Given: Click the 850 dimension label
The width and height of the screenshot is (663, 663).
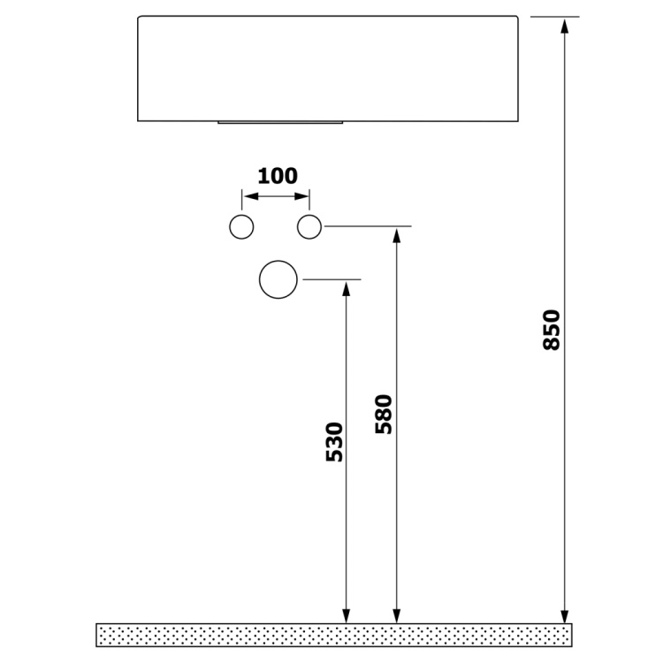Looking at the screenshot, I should click(552, 329).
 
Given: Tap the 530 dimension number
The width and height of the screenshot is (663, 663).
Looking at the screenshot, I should click(334, 442).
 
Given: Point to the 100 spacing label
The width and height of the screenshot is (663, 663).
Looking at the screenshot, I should click(278, 176).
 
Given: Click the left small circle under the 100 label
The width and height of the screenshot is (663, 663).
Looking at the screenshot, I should click(241, 227).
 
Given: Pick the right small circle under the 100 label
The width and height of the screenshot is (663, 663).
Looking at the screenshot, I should click(309, 227).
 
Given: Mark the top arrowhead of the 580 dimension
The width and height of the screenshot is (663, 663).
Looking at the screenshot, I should click(397, 234).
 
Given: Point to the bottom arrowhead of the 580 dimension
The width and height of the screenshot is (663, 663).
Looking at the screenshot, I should click(397, 616).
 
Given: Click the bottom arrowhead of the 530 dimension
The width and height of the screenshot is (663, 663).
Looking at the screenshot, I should click(346, 616).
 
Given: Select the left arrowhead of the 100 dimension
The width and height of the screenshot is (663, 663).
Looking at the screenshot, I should click(248, 196).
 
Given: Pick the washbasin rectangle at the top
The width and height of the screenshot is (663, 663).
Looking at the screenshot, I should click(328, 67).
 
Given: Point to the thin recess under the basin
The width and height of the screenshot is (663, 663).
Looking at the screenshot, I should click(279, 123).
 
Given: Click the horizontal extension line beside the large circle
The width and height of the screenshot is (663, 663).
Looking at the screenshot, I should click(332, 279).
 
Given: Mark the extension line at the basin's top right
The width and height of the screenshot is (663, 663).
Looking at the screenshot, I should click(554, 16).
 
